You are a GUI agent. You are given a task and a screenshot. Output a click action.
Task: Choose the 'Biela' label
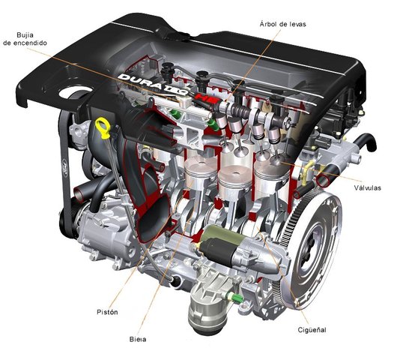click(137, 340)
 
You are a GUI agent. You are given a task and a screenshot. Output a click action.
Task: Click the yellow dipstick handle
click(100, 124)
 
